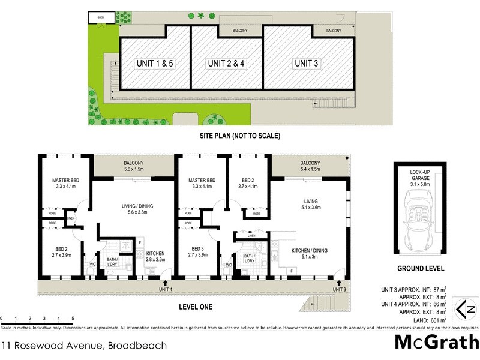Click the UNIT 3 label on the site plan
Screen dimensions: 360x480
coord(306,64)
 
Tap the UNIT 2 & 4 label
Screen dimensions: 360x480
coord(226,64)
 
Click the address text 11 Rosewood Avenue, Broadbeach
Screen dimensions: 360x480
coord(83,346)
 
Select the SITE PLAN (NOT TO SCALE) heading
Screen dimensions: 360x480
coord(239,136)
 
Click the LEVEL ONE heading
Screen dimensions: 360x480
coord(196,307)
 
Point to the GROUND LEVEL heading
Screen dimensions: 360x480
coord(419,269)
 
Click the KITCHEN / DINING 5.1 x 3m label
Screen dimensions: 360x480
coord(308,254)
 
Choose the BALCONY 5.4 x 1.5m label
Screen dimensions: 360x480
coord(310,166)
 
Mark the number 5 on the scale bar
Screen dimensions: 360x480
coord(73,319)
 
